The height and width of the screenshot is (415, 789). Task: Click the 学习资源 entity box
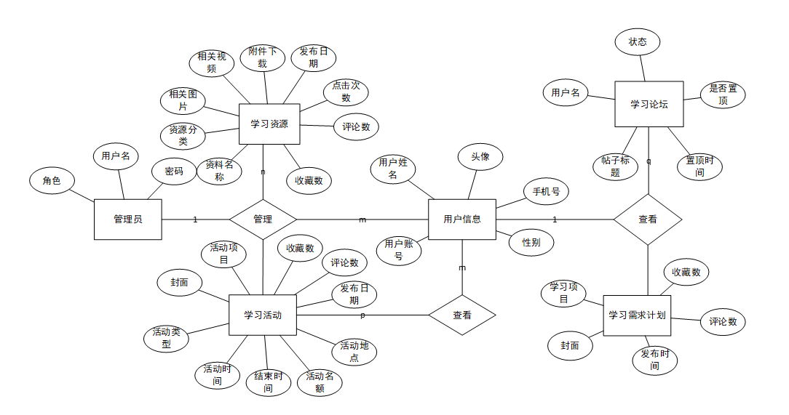269,124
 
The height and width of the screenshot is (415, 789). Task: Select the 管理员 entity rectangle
127,219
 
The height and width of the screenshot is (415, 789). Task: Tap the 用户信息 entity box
461,219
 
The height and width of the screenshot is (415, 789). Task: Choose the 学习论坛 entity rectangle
649,104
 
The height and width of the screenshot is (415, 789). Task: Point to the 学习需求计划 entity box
637,315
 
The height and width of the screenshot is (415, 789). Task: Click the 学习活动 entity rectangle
263,315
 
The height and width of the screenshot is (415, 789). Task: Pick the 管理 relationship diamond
263,219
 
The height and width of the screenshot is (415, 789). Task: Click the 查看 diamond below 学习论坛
647,219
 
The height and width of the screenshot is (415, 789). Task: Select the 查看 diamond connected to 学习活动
461,315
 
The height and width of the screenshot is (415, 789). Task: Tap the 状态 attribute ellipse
637,42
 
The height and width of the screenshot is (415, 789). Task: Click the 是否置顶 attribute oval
723,94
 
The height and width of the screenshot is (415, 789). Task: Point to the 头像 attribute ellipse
480,156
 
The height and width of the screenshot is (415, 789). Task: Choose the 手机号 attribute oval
546,192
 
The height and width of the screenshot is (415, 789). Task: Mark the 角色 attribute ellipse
52,181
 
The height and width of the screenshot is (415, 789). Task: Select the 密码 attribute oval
174,172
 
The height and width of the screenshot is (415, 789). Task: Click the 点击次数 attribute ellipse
346,92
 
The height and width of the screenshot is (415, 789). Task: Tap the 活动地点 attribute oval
354,351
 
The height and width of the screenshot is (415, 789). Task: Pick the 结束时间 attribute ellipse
268,382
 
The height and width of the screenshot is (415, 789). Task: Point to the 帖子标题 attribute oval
615,166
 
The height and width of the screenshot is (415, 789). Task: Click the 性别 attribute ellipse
531,242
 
